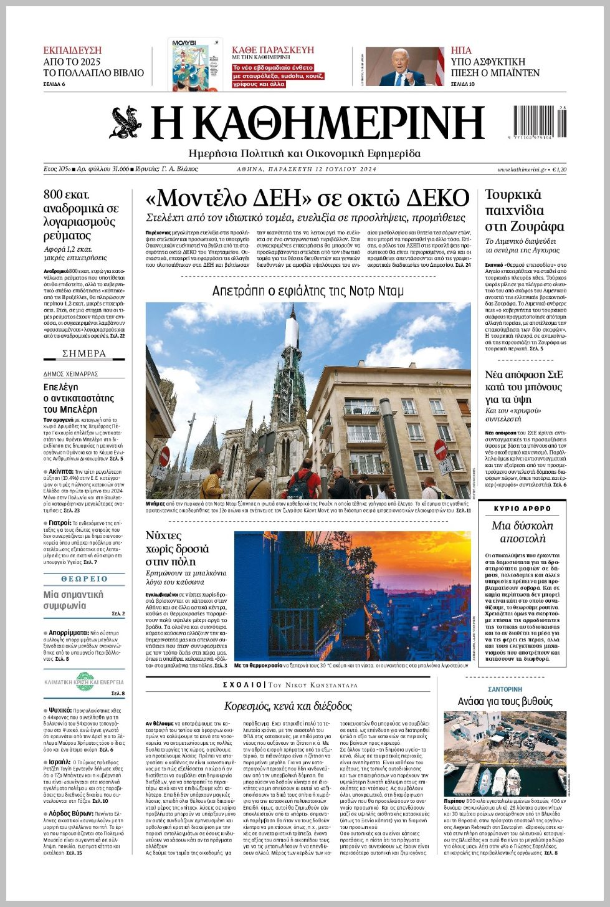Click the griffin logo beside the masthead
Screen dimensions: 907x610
coord(126,123)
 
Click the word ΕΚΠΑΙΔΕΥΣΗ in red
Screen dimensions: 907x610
coord(72,50)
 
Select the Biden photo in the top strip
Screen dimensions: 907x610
coord(404,66)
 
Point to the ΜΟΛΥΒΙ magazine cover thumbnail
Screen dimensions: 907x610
coord(196,64)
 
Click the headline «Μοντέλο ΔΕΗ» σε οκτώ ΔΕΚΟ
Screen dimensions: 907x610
coord(307,198)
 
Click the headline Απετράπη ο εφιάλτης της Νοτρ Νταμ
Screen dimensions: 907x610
coord(308,291)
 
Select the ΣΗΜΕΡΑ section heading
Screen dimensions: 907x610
coord(84,353)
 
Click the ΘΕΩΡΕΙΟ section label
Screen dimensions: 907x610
coord(84,579)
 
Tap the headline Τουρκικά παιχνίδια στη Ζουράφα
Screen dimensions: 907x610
coord(524,210)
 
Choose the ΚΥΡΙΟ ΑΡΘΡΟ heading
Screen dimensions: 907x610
coord(522,509)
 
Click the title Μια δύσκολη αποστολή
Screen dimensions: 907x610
coord(522,532)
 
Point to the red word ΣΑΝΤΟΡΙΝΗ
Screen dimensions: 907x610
coord(505,689)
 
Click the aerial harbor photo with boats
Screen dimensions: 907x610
coord(505,752)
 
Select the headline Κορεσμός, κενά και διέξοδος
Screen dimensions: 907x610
coord(288,706)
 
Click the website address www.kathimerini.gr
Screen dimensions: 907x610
coord(522,170)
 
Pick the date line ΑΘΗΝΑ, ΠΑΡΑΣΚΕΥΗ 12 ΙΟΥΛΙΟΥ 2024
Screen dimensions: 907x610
coord(307,170)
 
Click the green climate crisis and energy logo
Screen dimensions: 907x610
coord(84,681)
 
